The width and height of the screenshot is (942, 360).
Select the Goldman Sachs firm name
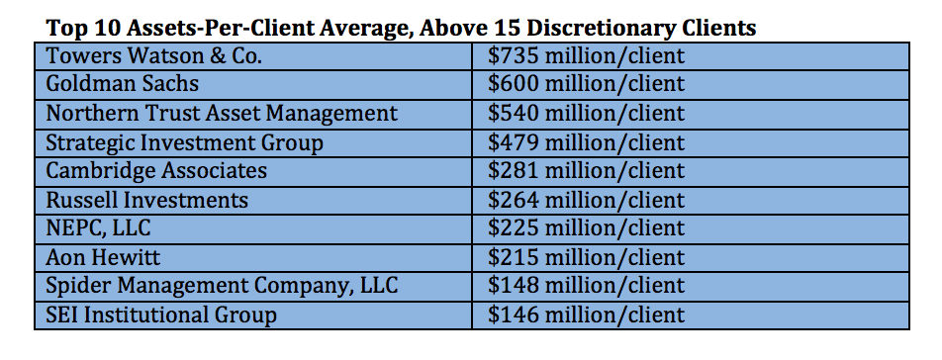(123, 84)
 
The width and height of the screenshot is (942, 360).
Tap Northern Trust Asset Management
(222, 114)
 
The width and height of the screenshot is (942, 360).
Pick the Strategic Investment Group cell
(184, 142)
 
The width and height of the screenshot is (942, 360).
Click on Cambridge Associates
(156, 171)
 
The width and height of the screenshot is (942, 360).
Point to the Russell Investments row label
(147, 200)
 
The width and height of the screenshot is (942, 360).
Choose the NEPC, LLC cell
(98, 228)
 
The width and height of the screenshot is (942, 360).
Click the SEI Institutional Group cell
(161, 315)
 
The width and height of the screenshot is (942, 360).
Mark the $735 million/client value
(586, 55)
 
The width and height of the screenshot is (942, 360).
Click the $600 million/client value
(586, 84)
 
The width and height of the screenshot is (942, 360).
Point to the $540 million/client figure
(586, 114)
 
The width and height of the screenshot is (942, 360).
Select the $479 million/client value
(586, 142)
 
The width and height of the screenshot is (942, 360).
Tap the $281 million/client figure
(586, 171)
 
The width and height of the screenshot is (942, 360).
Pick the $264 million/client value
(586, 200)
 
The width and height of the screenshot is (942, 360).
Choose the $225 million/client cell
(586, 228)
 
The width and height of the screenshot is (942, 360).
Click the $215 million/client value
(586, 257)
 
